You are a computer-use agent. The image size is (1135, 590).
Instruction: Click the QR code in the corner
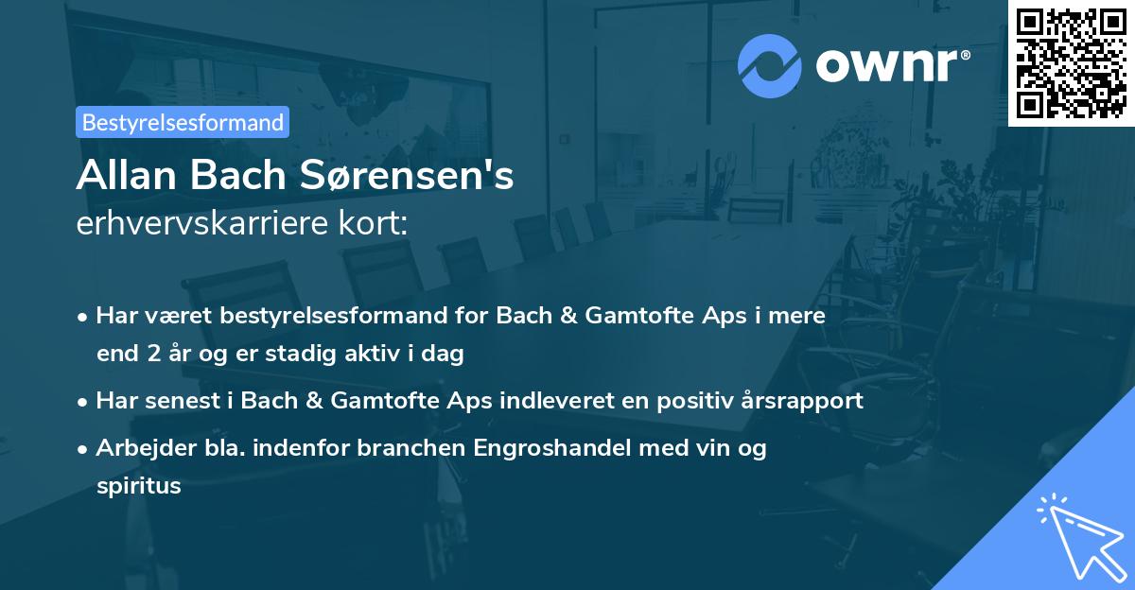point(1071,62)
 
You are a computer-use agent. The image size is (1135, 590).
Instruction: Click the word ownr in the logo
point(893,64)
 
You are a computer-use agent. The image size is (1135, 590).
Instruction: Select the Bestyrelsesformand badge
point(183,122)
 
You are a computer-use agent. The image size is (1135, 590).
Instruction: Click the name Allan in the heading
point(118,176)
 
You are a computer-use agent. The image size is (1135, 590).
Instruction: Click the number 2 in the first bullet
point(153,355)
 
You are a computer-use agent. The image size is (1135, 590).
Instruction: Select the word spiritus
point(138,487)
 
